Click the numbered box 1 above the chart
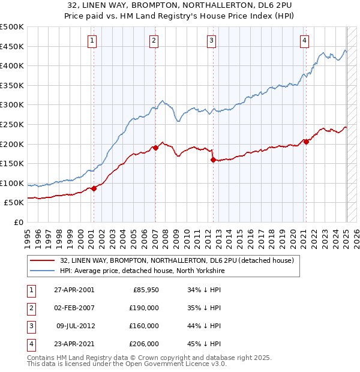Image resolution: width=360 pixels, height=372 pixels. click(92, 41)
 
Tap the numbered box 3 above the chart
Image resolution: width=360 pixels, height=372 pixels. click(212, 41)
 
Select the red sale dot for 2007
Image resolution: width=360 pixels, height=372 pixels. click(155, 148)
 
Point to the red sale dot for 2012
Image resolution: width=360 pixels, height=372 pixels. click(213, 160)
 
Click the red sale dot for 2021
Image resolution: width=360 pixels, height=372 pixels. click(306, 142)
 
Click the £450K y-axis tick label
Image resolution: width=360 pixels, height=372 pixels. click(12, 46)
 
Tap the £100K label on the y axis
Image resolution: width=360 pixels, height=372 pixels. click(12, 183)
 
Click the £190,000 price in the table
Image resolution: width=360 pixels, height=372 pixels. click(145, 307)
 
